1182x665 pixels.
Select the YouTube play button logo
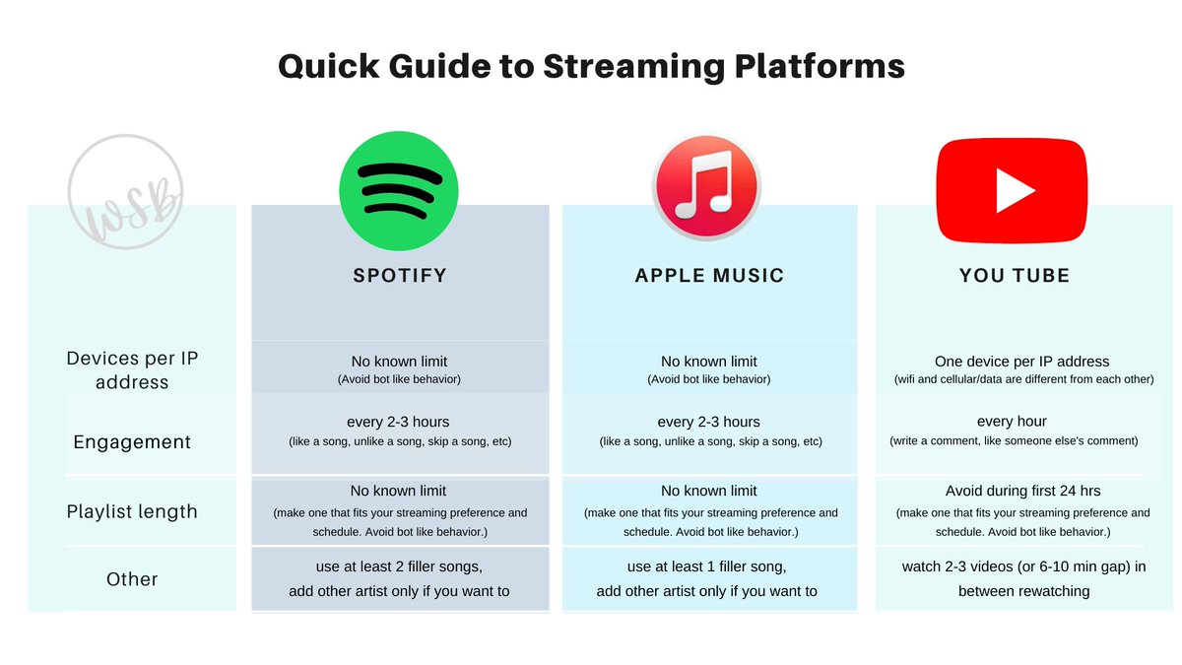(1012, 190)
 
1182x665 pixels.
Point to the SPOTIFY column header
(400, 276)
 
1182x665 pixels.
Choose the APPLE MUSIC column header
(709, 276)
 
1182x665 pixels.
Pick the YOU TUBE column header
(1015, 276)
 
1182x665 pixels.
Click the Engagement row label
(132, 442)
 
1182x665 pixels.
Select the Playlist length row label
(132, 511)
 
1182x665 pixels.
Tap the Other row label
(132, 579)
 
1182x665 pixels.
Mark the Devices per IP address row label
(132, 369)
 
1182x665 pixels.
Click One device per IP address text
(1021, 362)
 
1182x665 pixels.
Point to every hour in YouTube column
(1012, 422)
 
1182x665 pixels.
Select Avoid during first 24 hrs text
(1022, 491)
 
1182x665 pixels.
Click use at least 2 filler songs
(399, 566)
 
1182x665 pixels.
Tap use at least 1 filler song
(708, 566)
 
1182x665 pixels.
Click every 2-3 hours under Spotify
(399, 422)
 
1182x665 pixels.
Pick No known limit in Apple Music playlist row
(708, 491)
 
